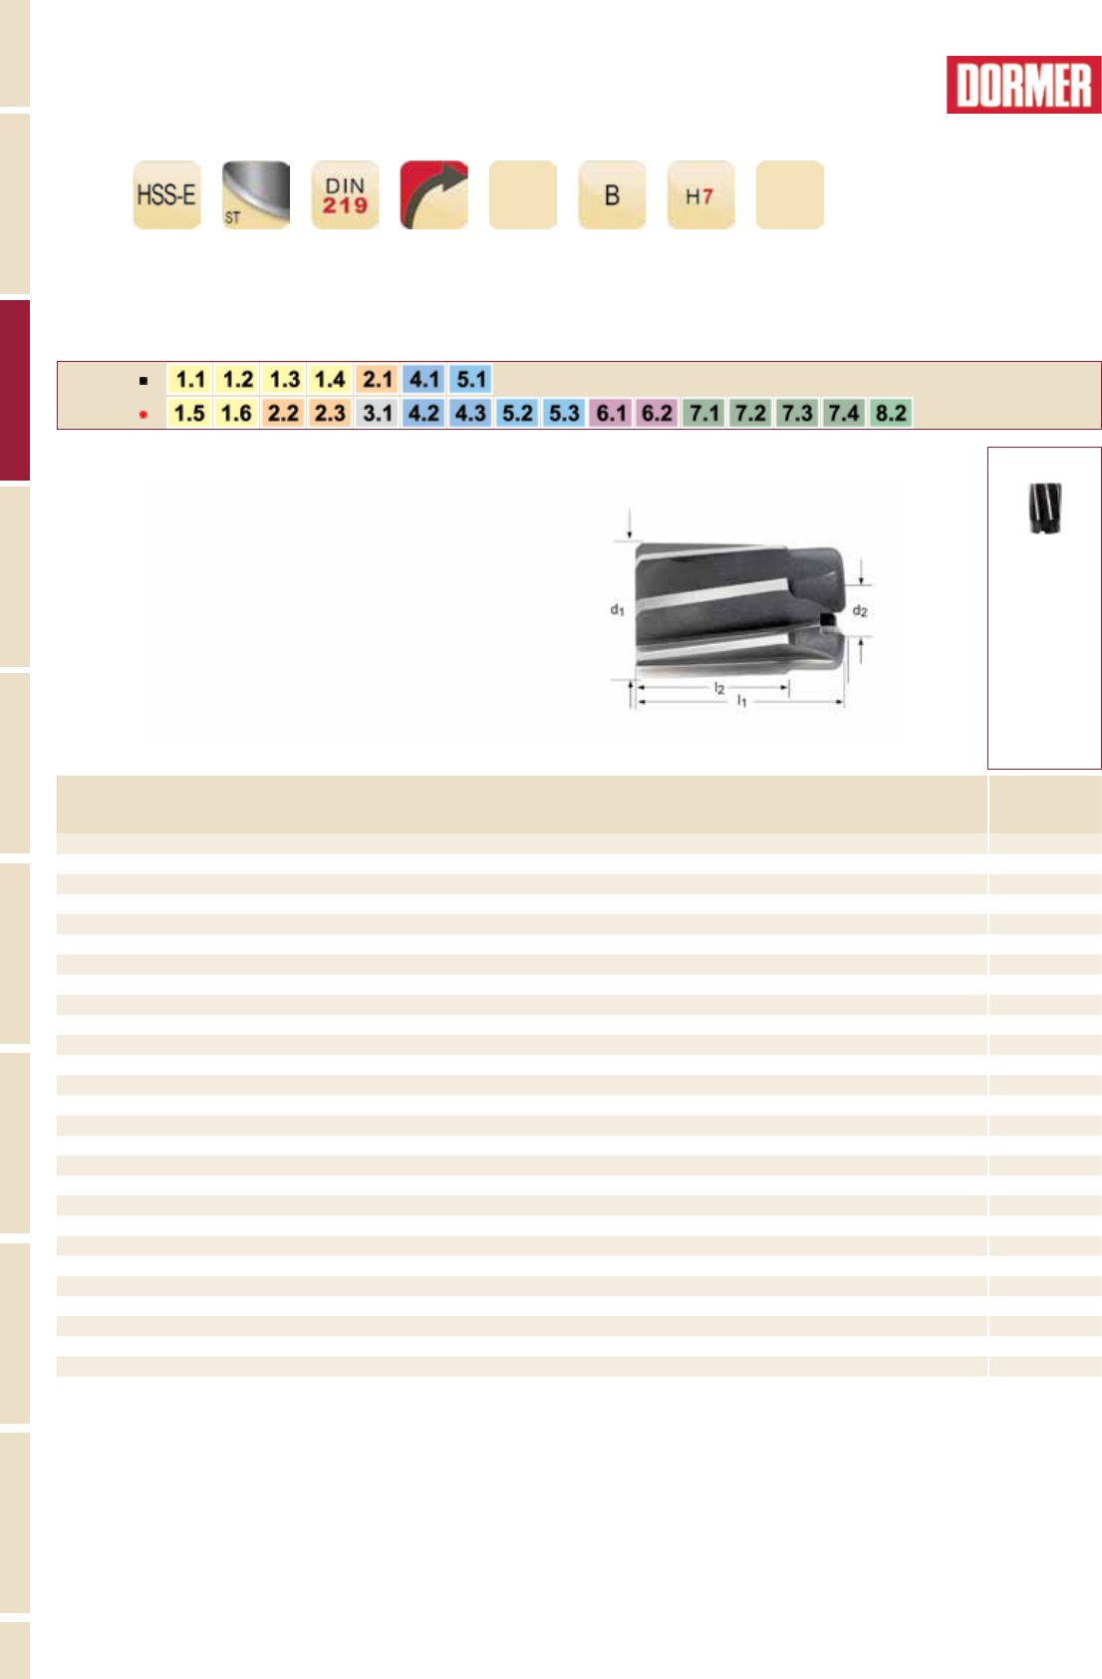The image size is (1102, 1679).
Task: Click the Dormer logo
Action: [x=1023, y=85]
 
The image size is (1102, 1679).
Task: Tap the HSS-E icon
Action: [x=167, y=194]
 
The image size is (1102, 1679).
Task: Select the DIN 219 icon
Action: [x=345, y=194]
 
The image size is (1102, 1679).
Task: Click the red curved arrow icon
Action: [x=433, y=194]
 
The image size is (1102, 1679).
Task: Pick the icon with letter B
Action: [x=612, y=194]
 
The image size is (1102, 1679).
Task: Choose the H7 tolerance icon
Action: [x=701, y=194]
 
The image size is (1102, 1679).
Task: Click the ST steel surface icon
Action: [x=256, y=194]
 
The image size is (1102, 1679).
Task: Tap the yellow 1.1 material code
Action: [x=190, y=379]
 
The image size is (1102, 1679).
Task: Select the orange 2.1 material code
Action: [x=378, y=379]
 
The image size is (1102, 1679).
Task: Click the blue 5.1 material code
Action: [x=471, y=379]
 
